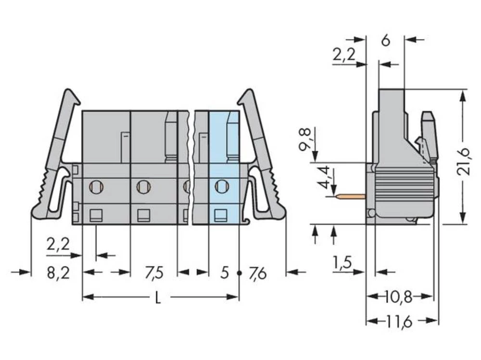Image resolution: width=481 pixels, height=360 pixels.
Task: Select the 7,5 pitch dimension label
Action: (x=154, y=273)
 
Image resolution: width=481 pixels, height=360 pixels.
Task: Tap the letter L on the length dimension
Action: (x=158, y=298)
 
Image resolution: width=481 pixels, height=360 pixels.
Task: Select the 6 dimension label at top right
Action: (x=385, y=41)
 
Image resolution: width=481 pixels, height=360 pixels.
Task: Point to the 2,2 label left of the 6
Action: (x=343, y=55)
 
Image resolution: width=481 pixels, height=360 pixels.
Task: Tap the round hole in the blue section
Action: (x=221, y=186)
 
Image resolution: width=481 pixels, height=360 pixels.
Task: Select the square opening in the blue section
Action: (x=220, y=215)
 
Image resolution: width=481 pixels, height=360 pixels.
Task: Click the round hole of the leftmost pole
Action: (x=95, y=186)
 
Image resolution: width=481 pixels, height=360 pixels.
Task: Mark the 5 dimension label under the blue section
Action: (x=224, y=273)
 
